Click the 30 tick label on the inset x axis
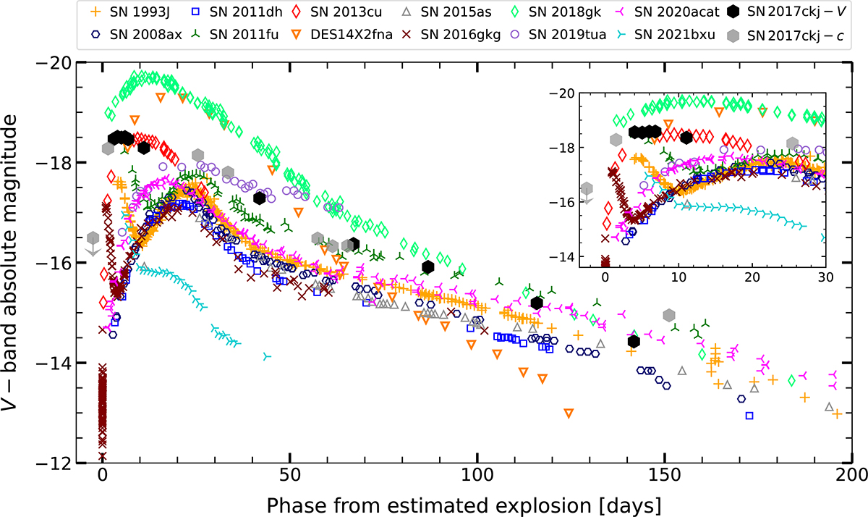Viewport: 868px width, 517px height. coord(824,278)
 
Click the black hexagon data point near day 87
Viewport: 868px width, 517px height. coord(427,267)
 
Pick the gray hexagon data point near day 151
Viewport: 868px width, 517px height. coord(669,315)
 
